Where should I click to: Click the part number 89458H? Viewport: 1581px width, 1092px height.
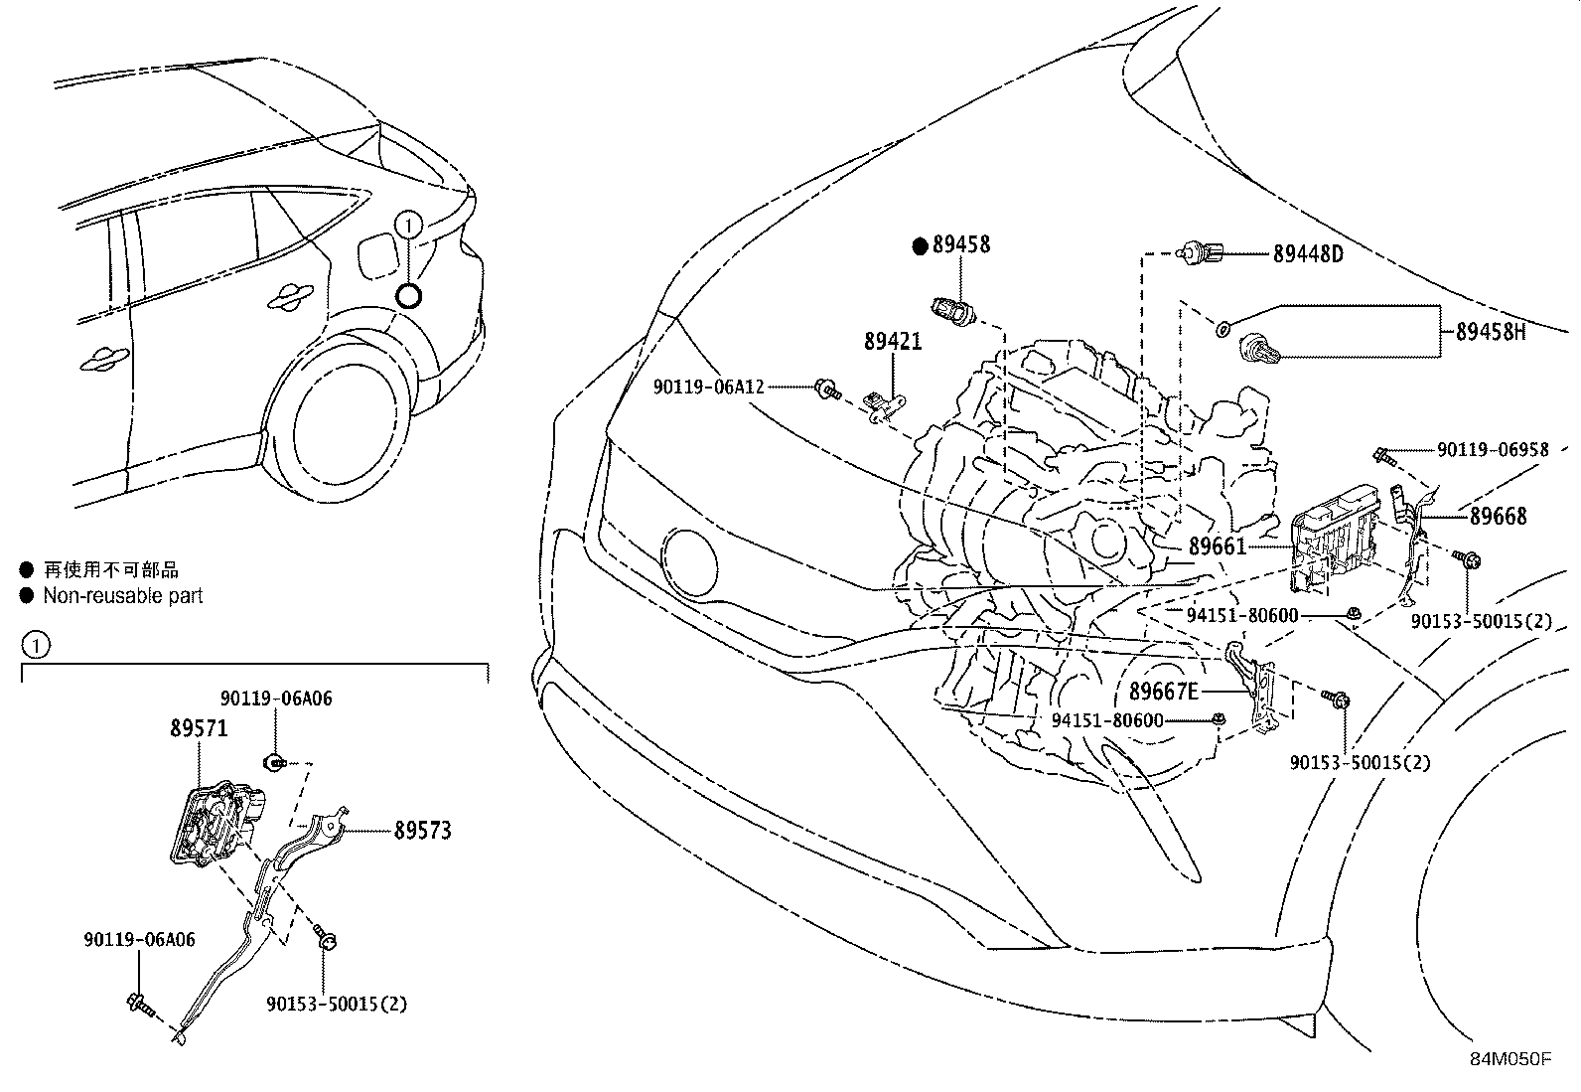1491,332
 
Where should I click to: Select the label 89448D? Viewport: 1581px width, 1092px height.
1308,254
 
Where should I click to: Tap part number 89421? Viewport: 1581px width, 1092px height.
893,342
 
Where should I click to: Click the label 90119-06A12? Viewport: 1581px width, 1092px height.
708,387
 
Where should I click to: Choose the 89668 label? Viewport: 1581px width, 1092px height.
1499,516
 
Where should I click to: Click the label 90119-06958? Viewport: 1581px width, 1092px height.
1493,450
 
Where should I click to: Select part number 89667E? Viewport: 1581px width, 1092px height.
1164,691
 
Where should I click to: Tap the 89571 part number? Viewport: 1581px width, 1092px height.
198,728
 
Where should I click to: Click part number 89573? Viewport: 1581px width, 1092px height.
422,830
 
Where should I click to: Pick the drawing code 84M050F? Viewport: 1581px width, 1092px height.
1509,1059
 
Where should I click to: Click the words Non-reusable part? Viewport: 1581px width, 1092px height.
122,596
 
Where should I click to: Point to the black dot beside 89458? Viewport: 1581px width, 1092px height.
920,244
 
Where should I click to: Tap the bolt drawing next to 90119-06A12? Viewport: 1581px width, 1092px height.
825,388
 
